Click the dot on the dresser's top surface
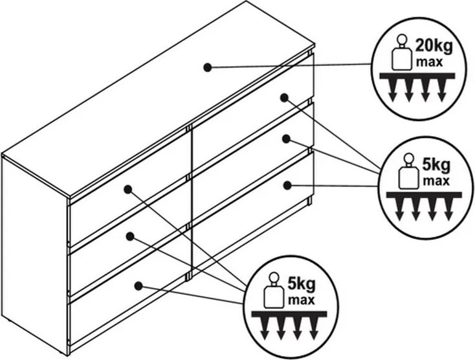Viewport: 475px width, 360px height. pos(207,66)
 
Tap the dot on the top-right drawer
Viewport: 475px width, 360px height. pos(284,97)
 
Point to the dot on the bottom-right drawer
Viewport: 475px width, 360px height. pos(287,185)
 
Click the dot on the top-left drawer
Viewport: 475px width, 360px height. pos(127,190)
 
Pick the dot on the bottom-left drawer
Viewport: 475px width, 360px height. pos(138,285)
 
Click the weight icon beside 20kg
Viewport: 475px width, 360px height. pos(401,54)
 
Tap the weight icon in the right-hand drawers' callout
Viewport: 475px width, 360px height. pos(408,171)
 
